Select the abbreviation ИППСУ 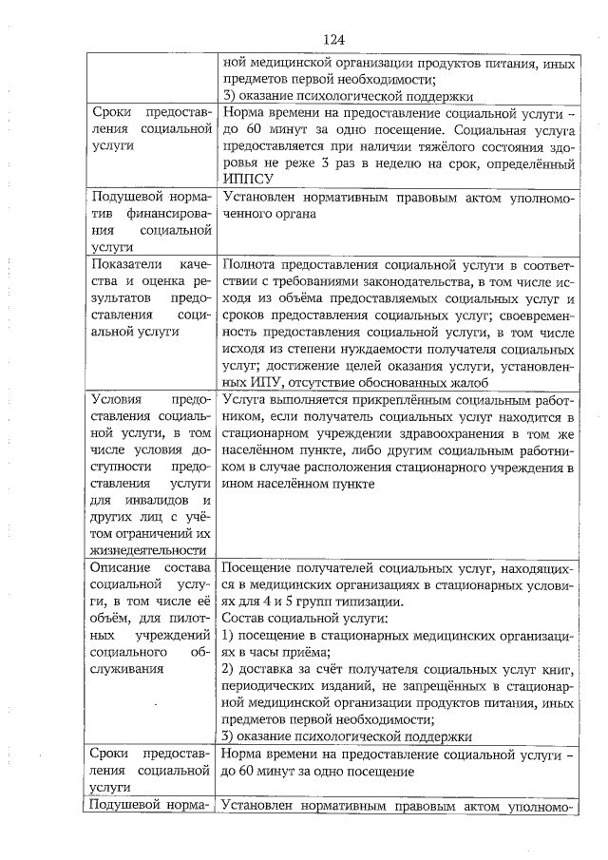(x=244, y=178)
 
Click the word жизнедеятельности (x=148, y=549)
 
